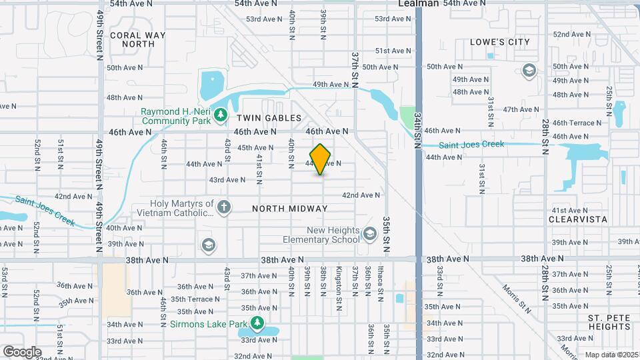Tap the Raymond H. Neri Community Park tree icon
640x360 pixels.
coord(221,117)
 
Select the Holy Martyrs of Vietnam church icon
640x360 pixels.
coord(223,207)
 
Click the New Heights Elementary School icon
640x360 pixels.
coord(369,233)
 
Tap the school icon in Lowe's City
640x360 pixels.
coord(529,71)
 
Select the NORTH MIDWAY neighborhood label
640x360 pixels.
coord(290,209)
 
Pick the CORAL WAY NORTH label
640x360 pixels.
coord(132,39)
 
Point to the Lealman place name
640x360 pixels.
coord(418,3)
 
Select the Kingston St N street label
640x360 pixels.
coord(339,282)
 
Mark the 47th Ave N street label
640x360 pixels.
coord(520,109)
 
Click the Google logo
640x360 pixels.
coord(22,352)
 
